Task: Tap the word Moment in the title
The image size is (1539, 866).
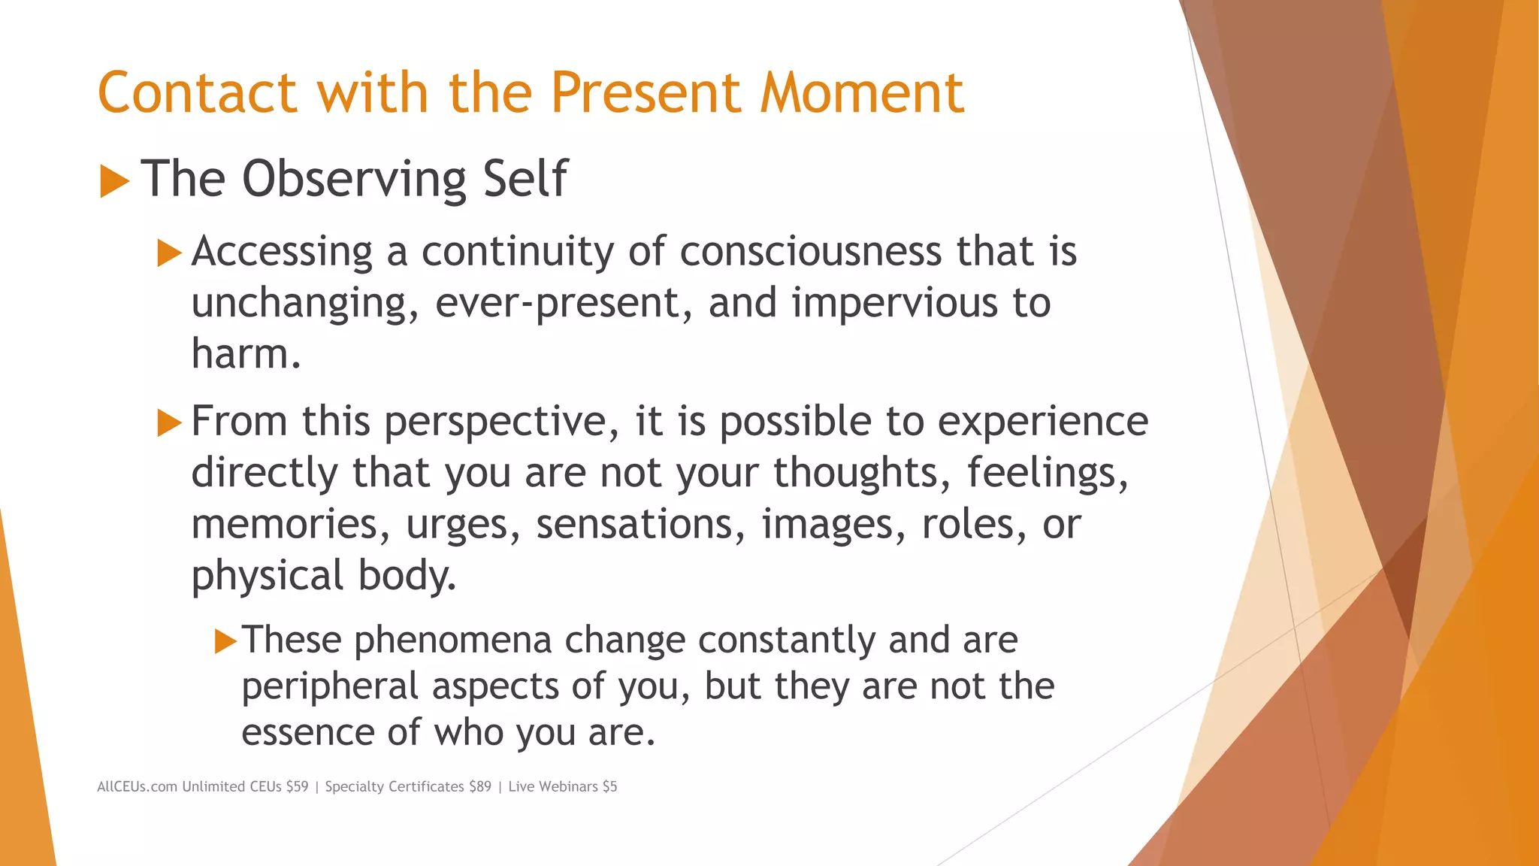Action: coord(861,93)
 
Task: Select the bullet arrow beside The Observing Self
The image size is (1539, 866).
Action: coord(114,181)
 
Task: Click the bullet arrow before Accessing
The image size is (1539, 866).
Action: coord(170,253)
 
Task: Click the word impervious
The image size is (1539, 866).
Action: coord(894,303)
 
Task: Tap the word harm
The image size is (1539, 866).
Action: coord(245,353)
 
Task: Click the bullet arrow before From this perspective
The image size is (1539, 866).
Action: coord(170,422)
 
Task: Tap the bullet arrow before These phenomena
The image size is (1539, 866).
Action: coord(225,641)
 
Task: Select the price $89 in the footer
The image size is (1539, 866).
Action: coord(479,786)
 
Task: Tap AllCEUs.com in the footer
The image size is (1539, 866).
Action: coord(137,786)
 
